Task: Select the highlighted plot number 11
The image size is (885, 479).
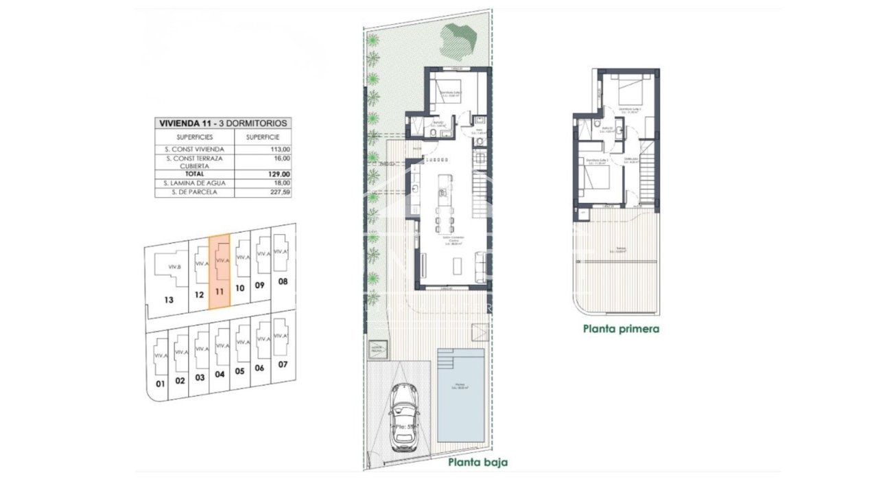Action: point(219,291)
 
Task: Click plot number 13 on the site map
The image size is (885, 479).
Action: point(169,299)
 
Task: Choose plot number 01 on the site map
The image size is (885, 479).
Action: point(160,383)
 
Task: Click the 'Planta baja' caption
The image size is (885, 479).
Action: point(477,462)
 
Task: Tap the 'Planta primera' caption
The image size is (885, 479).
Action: point(621,329)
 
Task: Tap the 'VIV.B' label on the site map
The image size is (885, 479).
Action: point(174,267)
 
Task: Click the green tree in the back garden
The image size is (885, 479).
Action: point(456,41)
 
